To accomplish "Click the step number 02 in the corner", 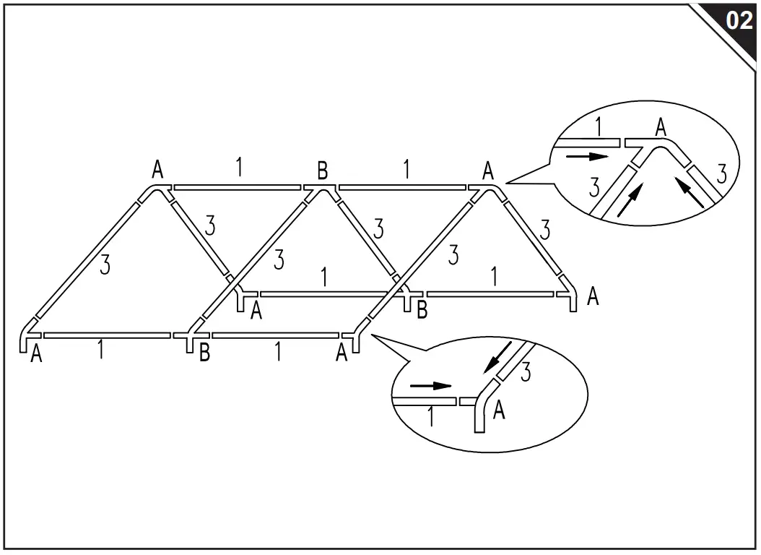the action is (x=739, y=21).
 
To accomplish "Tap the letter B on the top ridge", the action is (x=322, y=171).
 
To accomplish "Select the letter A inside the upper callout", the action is (x=660, y=127).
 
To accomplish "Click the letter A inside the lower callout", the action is (x=498, y=410).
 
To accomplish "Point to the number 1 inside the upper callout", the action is (x=599, y=126).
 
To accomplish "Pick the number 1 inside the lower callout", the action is (x=431, y=417).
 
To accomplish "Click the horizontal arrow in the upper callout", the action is (x=587, y=156).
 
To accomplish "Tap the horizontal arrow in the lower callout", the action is (x=431, y=386).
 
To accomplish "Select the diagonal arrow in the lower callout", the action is (x=498, y=358).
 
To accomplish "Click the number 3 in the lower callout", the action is (x=526, y=371).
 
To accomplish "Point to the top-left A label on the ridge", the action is (x=157, y=170).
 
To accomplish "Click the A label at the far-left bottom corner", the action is (x=36, y=354).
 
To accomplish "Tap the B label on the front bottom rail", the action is (x=204, y=353).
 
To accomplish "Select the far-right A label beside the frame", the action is (x=593, y=296).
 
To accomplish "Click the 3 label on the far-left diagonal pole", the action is (x=105, y=265).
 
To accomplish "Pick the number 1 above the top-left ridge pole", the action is (x=239, y=166).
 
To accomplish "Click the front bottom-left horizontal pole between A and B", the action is (x=107, y=335).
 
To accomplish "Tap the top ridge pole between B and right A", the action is (x=402, y=187).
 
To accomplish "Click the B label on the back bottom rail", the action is (x=422, y=310).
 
